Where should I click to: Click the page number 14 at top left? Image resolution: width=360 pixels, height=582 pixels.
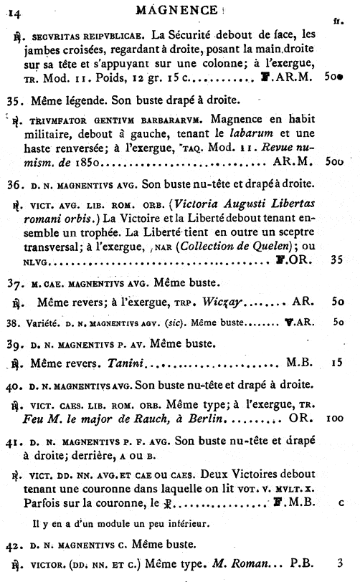click(16, 10)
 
